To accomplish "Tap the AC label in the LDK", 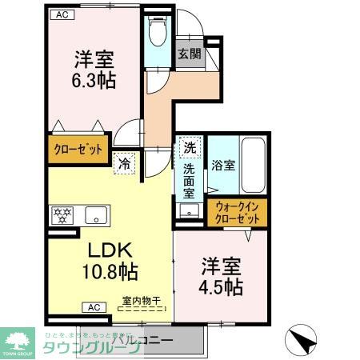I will tap(94, 307).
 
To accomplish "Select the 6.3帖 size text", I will tap(94, 81).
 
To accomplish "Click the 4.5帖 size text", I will tap(222, 286).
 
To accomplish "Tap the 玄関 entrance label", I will tap(189, 54).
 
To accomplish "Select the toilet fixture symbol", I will tap(157, 33).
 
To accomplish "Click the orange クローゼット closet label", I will tap(75, 149).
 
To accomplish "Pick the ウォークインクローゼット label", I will tap(238, 213).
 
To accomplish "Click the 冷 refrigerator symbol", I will tap(126, 162).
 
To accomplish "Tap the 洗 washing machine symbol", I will tap(190, 147).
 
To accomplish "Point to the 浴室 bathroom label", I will tap(223, 166).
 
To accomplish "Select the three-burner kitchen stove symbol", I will tap(64, 214).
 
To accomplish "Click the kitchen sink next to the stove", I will tap(97, 214).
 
